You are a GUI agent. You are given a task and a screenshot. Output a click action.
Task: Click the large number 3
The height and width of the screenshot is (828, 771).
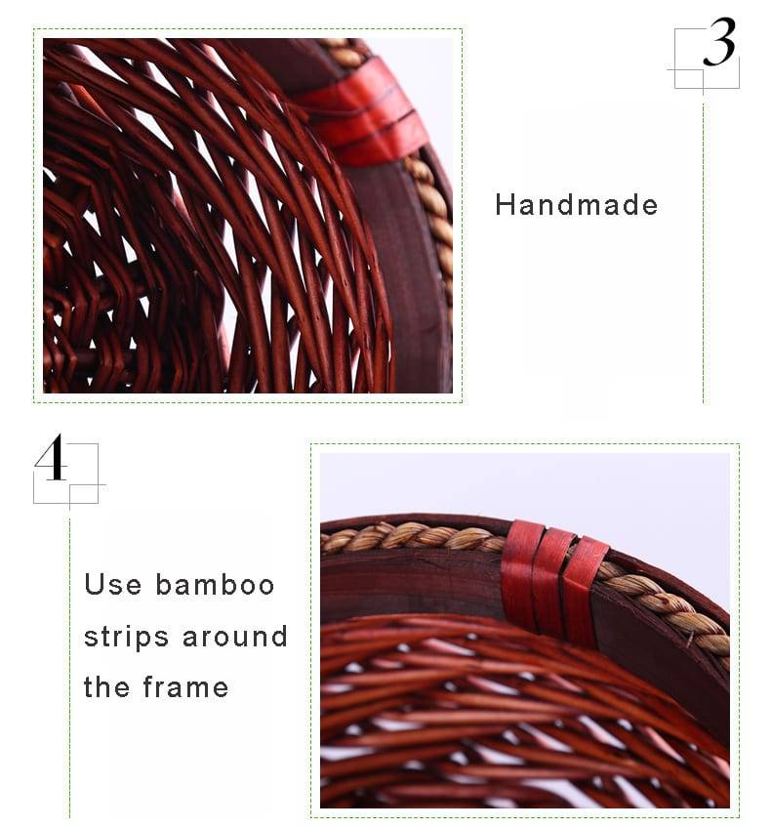point(719,45)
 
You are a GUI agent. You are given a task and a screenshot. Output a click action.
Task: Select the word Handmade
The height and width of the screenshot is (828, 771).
point(576,205)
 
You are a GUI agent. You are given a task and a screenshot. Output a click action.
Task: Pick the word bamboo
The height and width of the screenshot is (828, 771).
point(215,585)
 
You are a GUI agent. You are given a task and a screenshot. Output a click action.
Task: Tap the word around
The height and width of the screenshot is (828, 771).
point(234,637)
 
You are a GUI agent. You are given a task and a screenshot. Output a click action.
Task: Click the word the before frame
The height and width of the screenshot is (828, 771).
point(106,687)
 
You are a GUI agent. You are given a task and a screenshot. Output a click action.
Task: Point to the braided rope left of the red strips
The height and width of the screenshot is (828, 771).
point(420,536)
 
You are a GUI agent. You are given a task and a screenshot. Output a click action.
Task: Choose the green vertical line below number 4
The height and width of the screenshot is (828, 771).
point(69,664)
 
